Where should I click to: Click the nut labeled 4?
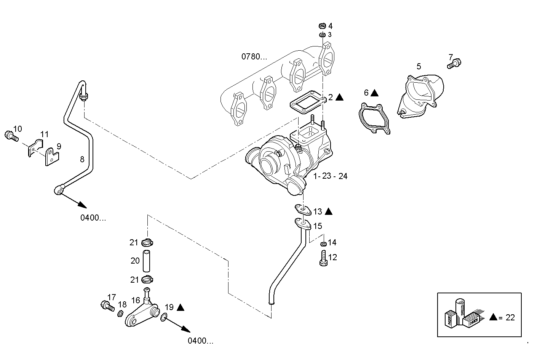pyautogui.click(x=322, y=26)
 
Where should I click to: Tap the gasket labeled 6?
pyautogui.click(x=374, y=118)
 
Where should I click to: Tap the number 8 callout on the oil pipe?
pyautogui.click(x=82, y=159)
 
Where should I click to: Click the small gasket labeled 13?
pyautogui.click(x=303, y=209)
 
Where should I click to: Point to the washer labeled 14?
pyautogui.click(x=323, y=244)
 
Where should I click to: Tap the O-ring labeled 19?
pyautogui.click(x=164, y=316)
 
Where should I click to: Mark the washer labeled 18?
pyautogui.click(x=119, y=314)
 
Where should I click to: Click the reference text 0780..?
pyautogui.click(x=254, y=57)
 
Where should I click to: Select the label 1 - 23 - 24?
pyautogui.click(x=330, y=176)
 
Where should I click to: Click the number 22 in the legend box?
pyautogui.click(x=510, y=317)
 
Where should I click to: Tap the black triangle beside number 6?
pyautogui.click(x=374, y=93)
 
